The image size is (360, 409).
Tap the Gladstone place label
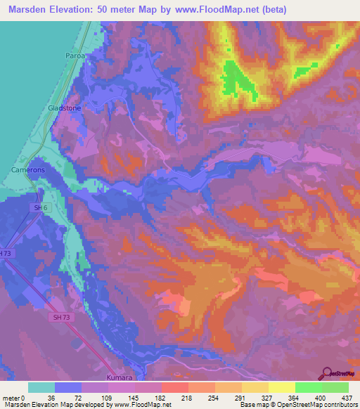pos(65,108)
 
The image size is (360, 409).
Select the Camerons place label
pos(29,171)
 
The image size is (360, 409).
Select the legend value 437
pos(347,397)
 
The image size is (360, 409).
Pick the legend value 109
pos(108,397)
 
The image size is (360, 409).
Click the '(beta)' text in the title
pos(271,9)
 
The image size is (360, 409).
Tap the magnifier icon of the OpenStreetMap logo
pos(326,372)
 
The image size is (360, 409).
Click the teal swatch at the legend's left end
pos(41,387)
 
